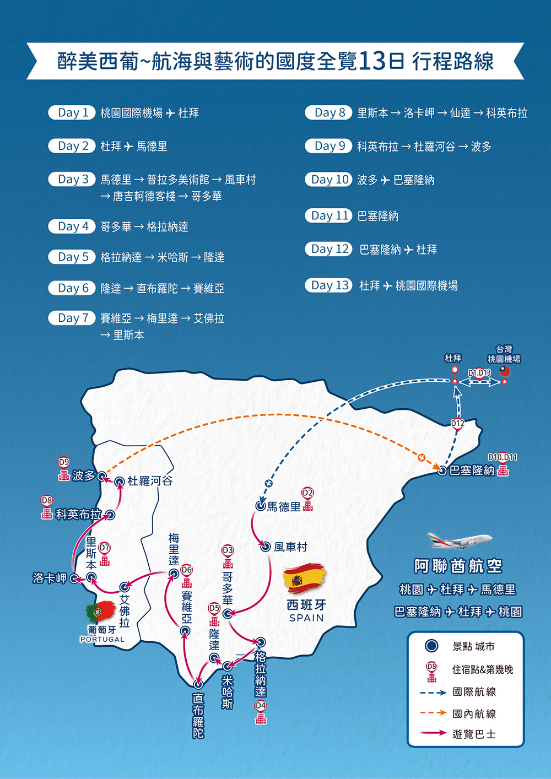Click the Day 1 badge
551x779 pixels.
[72, 113]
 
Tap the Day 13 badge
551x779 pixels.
[328, 285]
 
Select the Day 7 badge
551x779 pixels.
[72, 318]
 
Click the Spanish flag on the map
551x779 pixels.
[304, 579]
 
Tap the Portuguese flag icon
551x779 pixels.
[100, 611]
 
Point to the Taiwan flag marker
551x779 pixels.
[504, 371]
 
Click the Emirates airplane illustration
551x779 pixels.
[460, 541]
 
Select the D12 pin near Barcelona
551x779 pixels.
[457, 424]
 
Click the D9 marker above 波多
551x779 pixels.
[64, 462]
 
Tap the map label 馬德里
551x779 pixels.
[284, 507]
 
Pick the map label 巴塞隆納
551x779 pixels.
[472, 470]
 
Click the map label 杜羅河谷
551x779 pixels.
[150, 482]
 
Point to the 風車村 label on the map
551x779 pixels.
[290, 547]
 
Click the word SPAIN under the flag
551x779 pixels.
[306, 618]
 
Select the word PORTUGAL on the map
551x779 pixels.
[102, 639]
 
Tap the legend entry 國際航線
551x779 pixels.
[474, 692]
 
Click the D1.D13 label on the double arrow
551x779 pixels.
[479, 373]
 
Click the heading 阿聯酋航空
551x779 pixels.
[458, 566]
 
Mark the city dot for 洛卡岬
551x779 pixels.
[73, 578]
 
